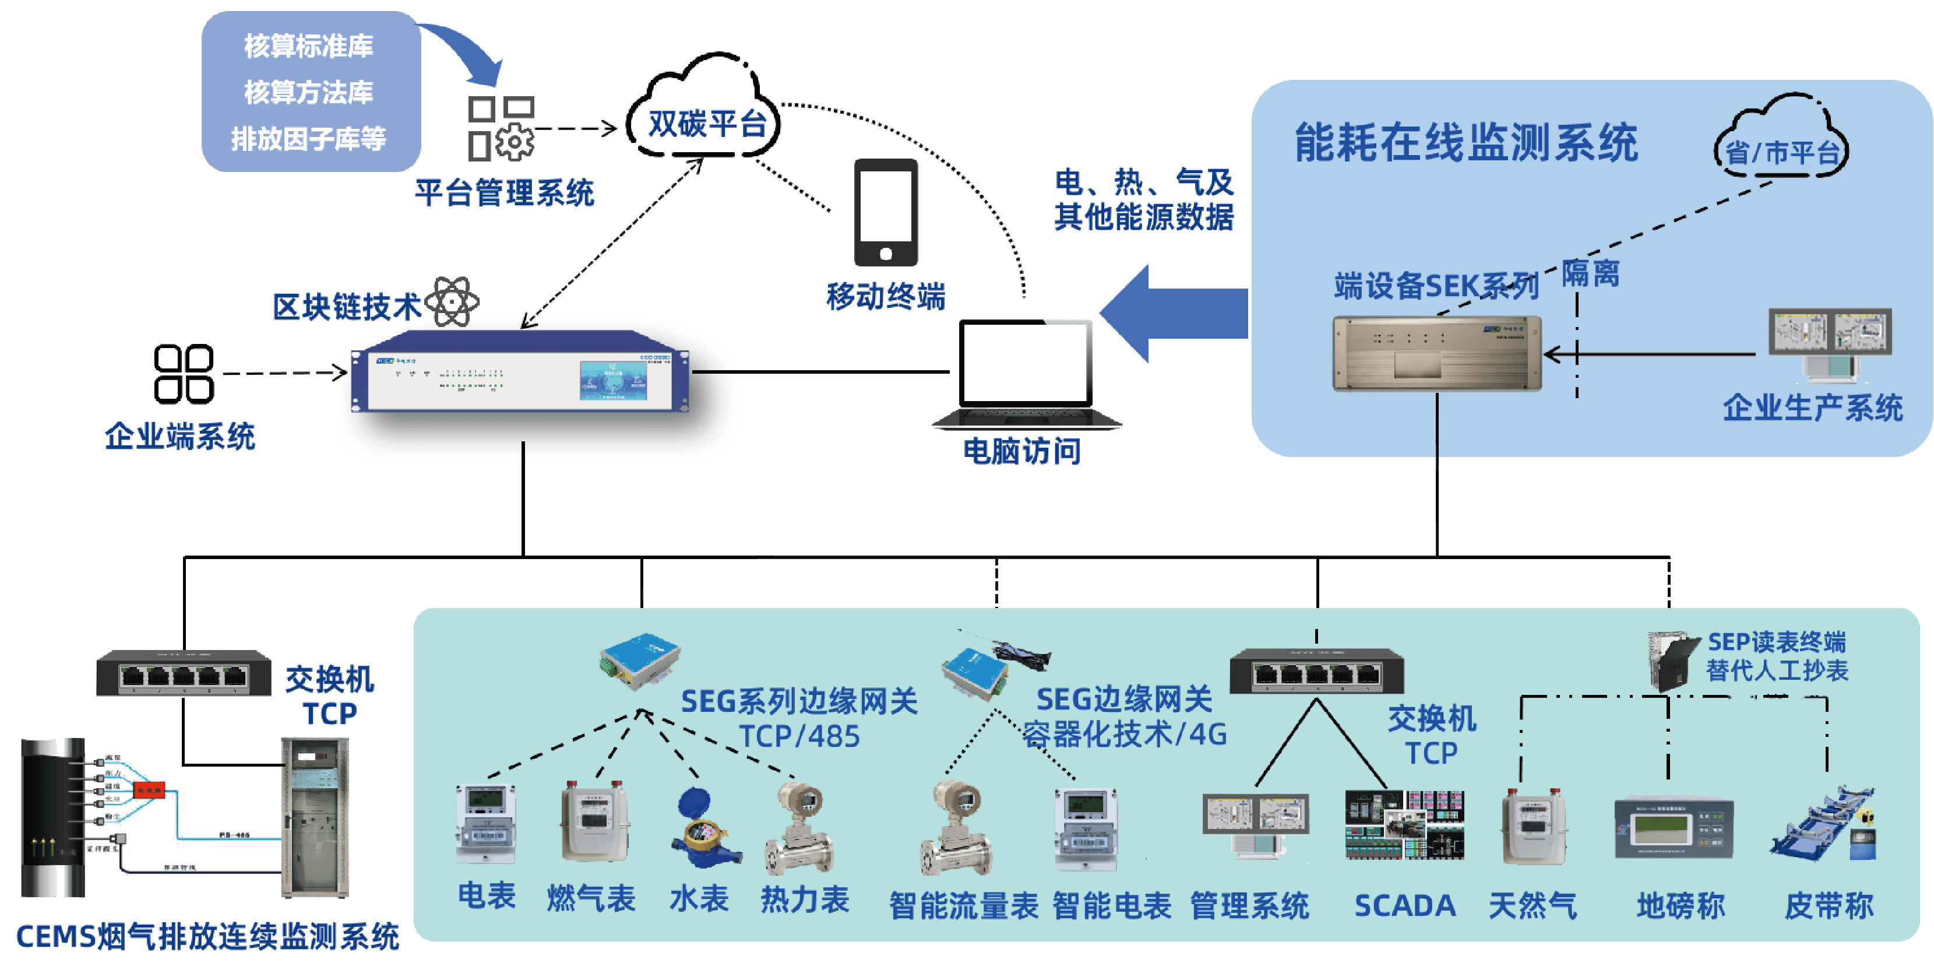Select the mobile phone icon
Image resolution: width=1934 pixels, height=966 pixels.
pyautogui.click(x=886, y=213)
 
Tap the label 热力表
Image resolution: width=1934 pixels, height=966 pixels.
pyautogui.click(x=804, y=899)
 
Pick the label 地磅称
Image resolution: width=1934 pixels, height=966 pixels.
pyautogui.click(x=1681, y=906)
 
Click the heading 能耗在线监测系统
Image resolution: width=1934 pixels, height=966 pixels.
pyautogui.click(x=1466, y=143)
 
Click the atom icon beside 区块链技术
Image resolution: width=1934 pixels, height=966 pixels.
pyautogui.click(x=452, y=302)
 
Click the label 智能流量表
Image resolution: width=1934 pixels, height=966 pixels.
pyautogui.click(x=963, y=906)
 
